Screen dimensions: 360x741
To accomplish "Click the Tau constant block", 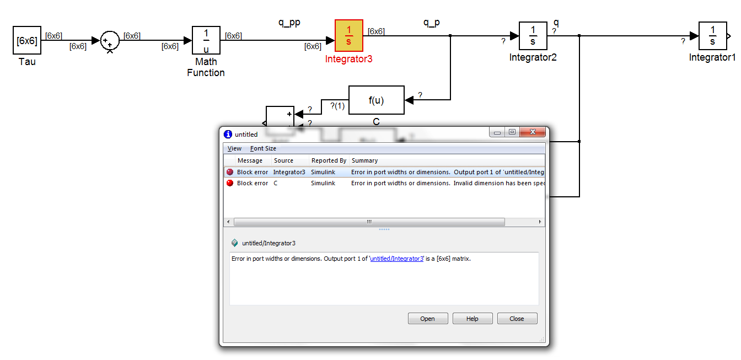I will click(x=27, y=40).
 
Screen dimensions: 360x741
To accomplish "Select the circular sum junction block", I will click(x=110, y=41).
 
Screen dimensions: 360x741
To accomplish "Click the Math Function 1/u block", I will click(x=206, y=40).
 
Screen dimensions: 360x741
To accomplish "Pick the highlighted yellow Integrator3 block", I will click(x=349, y=36).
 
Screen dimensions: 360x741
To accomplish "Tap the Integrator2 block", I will click(x=533, y=36).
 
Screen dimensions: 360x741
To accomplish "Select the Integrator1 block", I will click(x=712, y=36).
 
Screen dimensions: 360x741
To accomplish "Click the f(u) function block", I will click(x=377, y=100).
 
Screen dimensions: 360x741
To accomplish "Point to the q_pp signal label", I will click(x=289, y=23).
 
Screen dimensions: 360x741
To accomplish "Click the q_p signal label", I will click(x=432, y=23).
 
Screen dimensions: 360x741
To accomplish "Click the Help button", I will click(x=472, y=319).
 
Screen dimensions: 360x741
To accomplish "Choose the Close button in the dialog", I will click(x=517, y=319).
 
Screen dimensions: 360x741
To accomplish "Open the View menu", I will click(x=234, y=148).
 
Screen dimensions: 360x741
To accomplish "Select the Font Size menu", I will click(x=263, y=148).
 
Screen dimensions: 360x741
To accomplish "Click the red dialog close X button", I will click(x=533, y=132).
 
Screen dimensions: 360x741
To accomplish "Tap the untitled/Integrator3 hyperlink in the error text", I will click(x=397, y=259).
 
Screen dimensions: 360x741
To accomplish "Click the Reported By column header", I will click(x=329, y=160).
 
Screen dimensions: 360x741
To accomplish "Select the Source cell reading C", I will click(x=276, y=183).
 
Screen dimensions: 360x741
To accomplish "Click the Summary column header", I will click(x=364, y=160).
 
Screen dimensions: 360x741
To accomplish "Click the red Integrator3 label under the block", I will click(x=349, y=59).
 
